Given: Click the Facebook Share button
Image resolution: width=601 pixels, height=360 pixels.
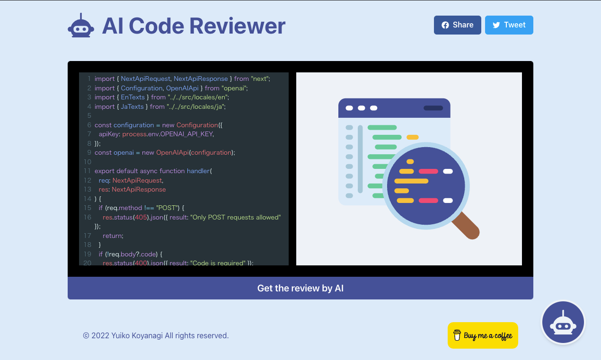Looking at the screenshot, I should point(457,25).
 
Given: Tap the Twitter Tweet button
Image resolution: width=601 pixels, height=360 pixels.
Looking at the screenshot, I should point(509,25).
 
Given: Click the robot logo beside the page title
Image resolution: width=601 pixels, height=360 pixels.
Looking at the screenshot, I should point(80,26).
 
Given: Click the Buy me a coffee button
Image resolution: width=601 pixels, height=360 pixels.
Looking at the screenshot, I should point(483,335).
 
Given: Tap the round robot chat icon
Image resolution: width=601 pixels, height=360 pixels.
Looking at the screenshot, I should point(563,323).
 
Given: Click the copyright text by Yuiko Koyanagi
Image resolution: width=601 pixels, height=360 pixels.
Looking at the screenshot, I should point(156,335).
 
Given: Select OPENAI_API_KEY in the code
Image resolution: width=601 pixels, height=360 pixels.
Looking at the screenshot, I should point(186,134).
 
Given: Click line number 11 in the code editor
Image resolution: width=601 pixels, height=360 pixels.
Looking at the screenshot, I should point(87,171).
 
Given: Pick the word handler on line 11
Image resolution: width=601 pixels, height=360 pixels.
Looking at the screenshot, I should point(198,171).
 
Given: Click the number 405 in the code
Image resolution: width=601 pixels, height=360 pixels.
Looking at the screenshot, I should point(141,217).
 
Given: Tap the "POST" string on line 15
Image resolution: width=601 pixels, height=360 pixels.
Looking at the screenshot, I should point(168,208).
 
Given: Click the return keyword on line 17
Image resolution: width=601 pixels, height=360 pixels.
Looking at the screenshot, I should point(112,236).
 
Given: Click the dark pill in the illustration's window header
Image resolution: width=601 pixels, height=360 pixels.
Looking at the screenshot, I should point(433,108).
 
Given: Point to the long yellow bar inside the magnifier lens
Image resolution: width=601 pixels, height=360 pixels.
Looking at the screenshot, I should point(411,181).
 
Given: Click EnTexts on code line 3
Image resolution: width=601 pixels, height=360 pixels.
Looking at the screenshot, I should point(132,97).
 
